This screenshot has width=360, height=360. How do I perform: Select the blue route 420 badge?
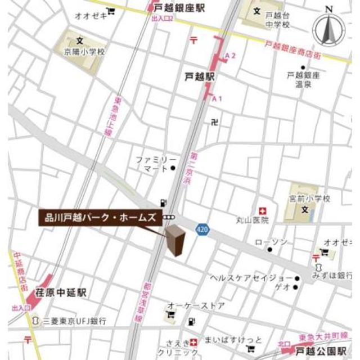(x=202, y=229)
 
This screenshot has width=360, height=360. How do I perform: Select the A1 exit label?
(x=217, y=98)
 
